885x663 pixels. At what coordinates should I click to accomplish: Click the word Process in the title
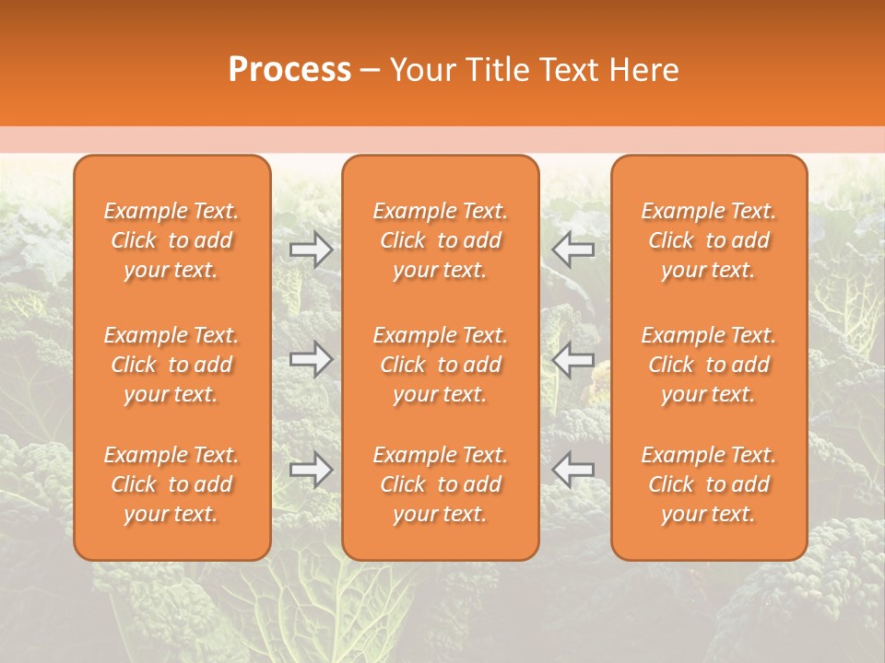point(289,70)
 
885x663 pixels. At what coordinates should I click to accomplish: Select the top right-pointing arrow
point(311,249)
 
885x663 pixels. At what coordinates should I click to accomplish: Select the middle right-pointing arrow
point(311,359)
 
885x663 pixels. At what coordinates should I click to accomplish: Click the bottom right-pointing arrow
point(311,470)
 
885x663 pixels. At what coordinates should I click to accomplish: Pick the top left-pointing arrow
point(573,249)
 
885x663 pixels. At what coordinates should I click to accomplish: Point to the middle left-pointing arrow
point(573,359)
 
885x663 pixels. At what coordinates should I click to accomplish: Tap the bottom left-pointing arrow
point(573,470)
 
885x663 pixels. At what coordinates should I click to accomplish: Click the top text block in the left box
point(171,240)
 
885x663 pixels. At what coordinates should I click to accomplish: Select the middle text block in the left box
point(171,365)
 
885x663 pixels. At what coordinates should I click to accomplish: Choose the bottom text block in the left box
point(171,484)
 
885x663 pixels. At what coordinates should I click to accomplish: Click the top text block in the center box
point(441,240)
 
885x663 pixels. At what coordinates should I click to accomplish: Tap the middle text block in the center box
point(441,365)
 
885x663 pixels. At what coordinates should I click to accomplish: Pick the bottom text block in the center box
point(441,484)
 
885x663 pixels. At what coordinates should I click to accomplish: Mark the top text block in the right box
point(709,240)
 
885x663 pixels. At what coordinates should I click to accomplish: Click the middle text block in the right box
point(709,365)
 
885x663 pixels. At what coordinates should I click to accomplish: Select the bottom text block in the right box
point(709,484)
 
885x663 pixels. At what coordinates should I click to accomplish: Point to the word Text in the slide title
point(567,70)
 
